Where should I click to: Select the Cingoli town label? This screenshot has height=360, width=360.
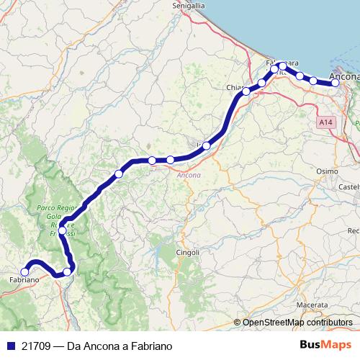(x=187, y=252)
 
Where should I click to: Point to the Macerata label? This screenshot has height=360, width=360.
(x=311, y=305)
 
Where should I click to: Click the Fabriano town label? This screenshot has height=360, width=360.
(x=24, y=279)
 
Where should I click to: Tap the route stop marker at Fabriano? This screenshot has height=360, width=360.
(x=24, y=272)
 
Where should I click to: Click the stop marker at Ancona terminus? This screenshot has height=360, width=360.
(x=336, y=84)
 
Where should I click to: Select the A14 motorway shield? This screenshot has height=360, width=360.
(x=326, y=123)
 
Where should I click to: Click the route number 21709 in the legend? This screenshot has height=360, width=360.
(x=37, y=346)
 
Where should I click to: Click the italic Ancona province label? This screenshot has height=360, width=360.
(x=189, y=175)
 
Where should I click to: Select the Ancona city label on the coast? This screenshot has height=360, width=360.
(x=343, y=75)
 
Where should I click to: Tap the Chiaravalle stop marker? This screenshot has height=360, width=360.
(x=246, y=91)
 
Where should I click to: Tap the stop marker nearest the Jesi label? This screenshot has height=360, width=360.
(x=207, y=146)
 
